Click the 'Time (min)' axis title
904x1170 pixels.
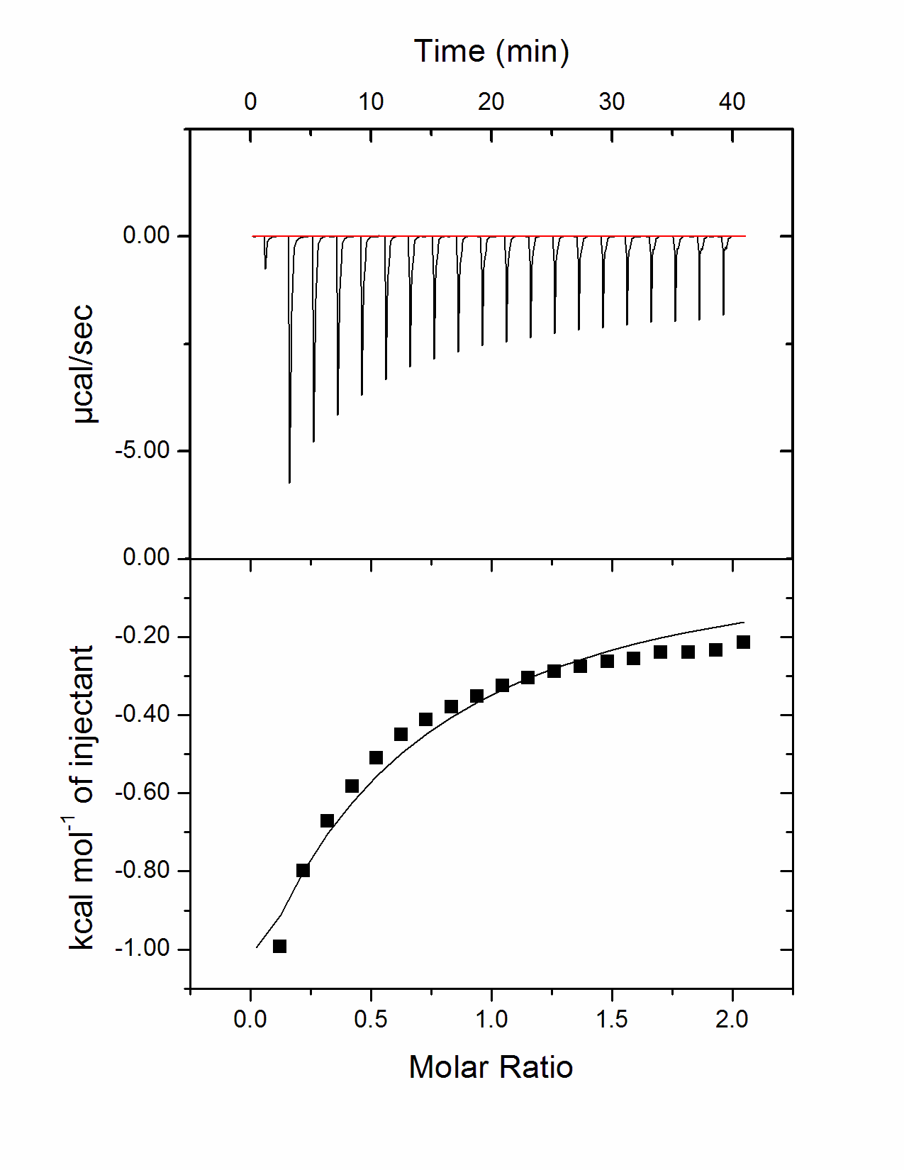coord(491,52)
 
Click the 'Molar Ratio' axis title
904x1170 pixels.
coord(491,1067)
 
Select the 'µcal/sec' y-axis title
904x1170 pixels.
coord(84,364)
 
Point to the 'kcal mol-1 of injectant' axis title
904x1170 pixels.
coord(84,798)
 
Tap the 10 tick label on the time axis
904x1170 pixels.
coord(370,102)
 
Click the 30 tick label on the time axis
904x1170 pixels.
coord(611,102)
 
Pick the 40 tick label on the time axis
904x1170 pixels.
coord(732,102)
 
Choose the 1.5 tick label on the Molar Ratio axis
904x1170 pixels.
coord(611,1020)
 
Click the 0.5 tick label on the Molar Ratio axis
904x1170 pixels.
coord(370,1020)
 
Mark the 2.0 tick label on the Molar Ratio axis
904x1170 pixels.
coord(732,1020)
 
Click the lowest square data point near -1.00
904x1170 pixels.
coord(279,946)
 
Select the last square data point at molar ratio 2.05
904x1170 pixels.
coord(743,642)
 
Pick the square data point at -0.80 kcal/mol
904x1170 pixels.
coord(303,870)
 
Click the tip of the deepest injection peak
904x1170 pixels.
coord(289,482)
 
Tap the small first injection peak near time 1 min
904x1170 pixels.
coord(265,267)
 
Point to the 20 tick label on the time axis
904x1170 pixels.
coord(491,102)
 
